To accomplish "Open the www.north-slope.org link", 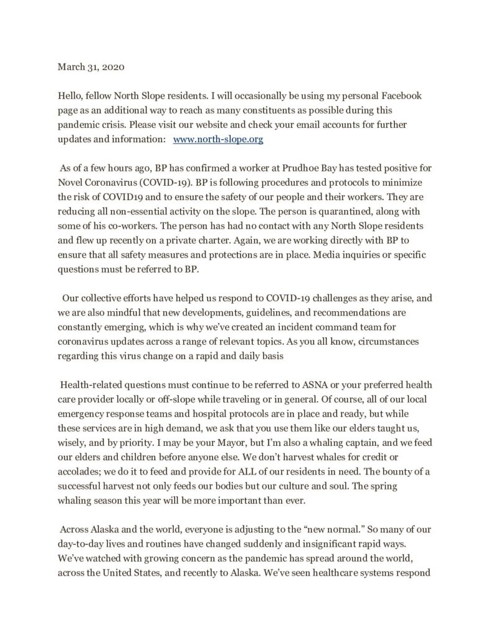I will (218, 140).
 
